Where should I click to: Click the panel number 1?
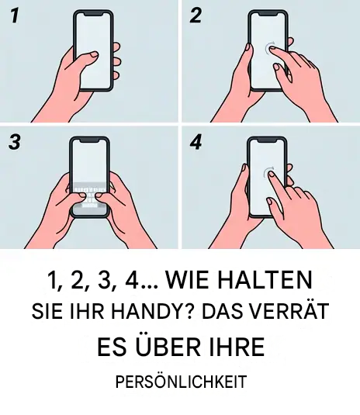click(x=15, y=16)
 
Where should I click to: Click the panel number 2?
click(x=196, y=16)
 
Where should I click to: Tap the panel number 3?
click(x=15, y=142)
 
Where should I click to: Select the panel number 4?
click(x=196, y=142)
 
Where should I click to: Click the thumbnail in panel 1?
click(x=94, y=55)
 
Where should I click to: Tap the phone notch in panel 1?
click(x=93, y=13)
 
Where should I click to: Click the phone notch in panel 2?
click(x=268, y=13)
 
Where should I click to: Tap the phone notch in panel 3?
click(x=89, y=139)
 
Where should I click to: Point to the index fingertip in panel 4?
click(x=272, y=174)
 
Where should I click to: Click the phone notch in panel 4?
click(x=267, y=139)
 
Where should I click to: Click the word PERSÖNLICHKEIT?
click(x=181, y=382)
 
